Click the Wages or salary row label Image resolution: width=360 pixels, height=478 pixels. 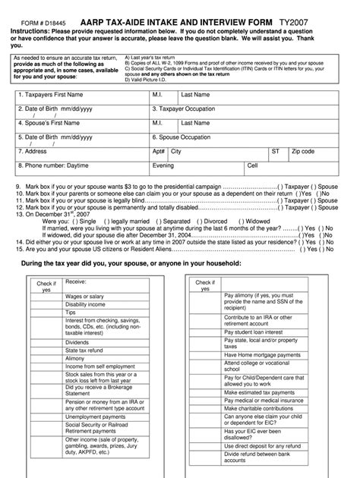pyautogui.click(x=84, y=296)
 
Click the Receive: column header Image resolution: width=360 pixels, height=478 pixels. pyautogui.click(x=76, y=282)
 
